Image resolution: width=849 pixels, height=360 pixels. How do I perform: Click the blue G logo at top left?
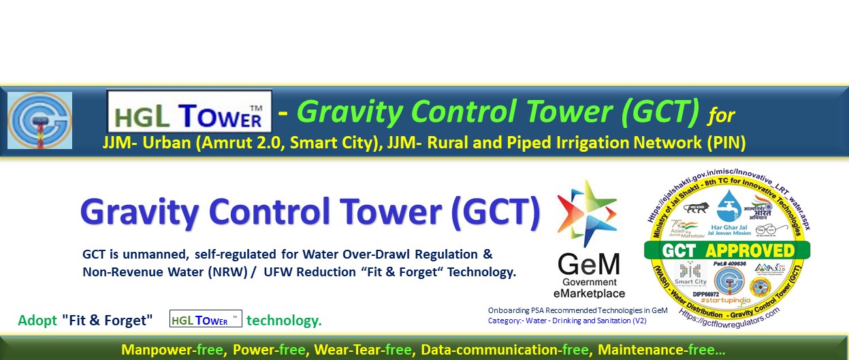39,120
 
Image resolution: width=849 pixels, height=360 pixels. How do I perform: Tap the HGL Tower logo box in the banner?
189,112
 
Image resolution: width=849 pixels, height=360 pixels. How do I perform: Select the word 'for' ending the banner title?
720,116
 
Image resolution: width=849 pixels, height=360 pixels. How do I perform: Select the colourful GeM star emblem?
587,214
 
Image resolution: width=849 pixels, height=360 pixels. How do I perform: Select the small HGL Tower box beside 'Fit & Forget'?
206,319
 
